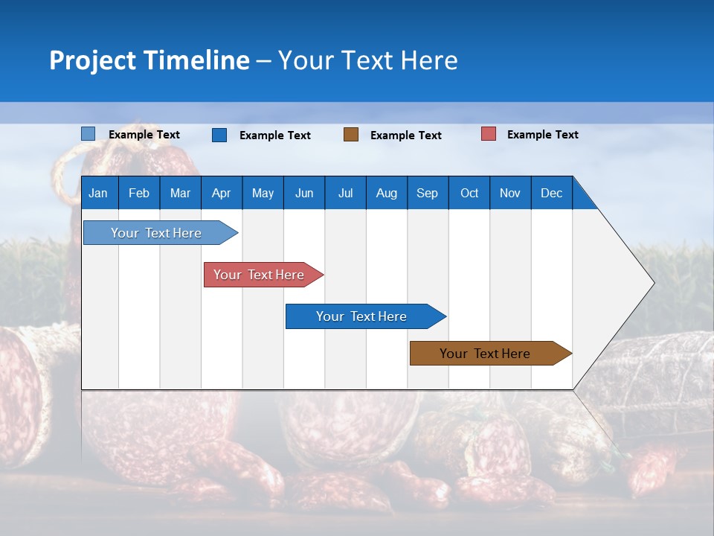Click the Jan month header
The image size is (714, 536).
[98, 193]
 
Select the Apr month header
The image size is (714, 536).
[221, 193]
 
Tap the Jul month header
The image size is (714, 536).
[345, 193]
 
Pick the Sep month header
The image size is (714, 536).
[427, 193]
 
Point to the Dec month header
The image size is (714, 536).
[551, 193]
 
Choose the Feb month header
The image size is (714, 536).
[139, 193]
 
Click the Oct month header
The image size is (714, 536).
[469, 193]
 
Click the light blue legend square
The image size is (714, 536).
[89, 134]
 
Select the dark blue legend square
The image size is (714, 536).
[219, 135]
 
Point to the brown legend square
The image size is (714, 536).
[351, 134]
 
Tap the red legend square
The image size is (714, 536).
[489, 134]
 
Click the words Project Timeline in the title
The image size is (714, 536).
[149, 60]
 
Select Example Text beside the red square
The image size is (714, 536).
[542, 135]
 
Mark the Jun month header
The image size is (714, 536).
[304, 193]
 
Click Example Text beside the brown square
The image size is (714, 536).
[405, 135]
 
